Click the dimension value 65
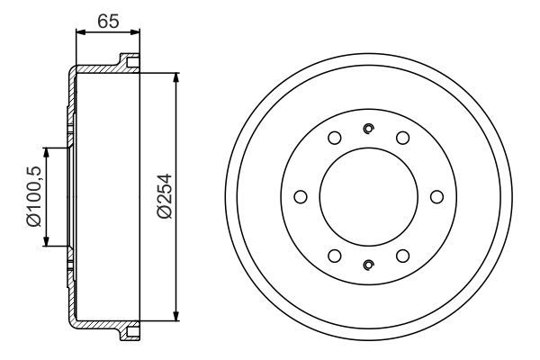pos(108,22)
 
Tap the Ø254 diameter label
pos(165,196)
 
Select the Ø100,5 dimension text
pos(34,196)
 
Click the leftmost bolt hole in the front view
pos(301,197)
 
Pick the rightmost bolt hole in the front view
pos(437,197)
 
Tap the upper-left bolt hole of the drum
pos(335,138)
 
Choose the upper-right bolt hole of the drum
pos(402,138)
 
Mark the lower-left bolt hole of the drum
pos(335,256)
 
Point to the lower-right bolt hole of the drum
pos(402,256)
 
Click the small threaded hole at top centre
pos(369,129)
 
